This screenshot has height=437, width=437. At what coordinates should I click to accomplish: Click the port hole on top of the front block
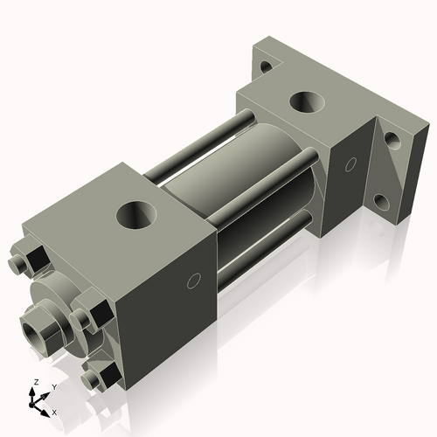(x=137, y=213)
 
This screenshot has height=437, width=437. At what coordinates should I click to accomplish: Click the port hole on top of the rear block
(x=308, y=102)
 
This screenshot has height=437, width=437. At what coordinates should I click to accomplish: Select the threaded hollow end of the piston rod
(x=38, y=331)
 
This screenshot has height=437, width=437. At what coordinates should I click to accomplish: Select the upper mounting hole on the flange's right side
(x=393, y=140)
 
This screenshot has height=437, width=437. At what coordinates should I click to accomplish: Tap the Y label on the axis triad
(x=53, y=386)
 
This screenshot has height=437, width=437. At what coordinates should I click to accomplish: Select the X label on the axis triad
(x=55, y=411)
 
